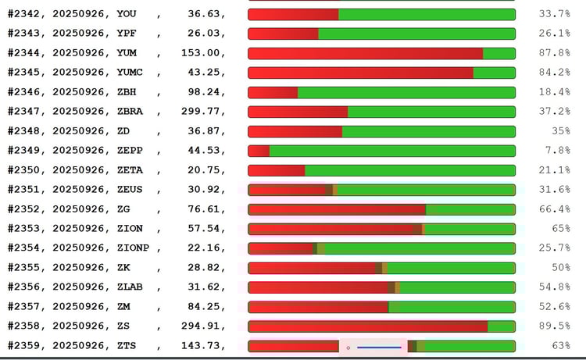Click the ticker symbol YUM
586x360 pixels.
127,53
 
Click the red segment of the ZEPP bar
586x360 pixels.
259,151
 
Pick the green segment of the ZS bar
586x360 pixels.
501,326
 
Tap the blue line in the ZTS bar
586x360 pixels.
379,347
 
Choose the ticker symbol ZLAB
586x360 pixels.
131,287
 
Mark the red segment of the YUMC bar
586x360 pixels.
360,73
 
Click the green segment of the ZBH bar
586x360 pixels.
406,92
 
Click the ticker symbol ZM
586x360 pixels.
123,307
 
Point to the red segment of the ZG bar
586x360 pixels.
337,209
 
